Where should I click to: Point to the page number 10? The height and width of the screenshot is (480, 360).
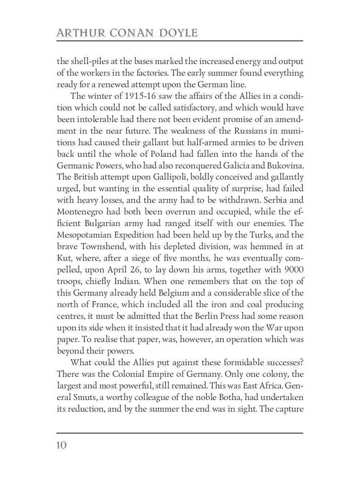click(x=61, y=444)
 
